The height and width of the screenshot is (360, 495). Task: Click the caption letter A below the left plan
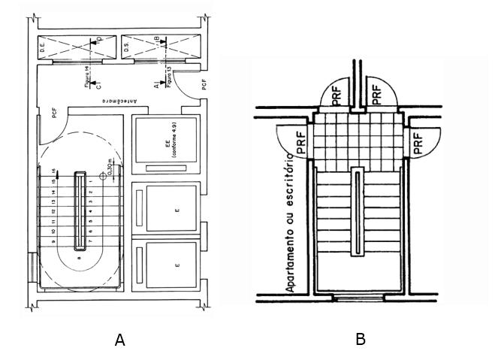coord(119,340)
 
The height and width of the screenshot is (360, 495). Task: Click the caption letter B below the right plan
coord(361,339)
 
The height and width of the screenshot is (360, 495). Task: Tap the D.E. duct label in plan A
coord(44,50)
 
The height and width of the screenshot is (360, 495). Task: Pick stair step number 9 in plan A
coord(54,241)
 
